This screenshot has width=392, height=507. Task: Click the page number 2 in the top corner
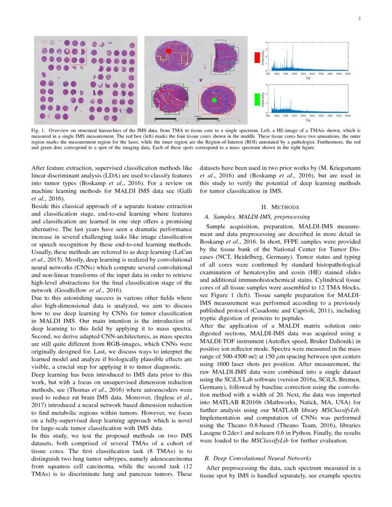pyautogui.click(x=358, y=19)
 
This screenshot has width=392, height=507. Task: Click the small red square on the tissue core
pyautogui.click(x=169, y=51)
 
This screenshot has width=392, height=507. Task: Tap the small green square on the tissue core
pyautogui.click(x=214, y=100)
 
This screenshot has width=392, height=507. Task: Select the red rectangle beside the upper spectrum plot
pyautogui.click(x=257, y=57)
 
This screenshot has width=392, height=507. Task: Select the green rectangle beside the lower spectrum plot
pyautogui.click(x=257, y=99)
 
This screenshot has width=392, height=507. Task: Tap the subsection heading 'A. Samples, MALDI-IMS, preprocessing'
pyautogui.click(x=257, y=217)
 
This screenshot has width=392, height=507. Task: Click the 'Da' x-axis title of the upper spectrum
pyautogui.click(x=308, y=78)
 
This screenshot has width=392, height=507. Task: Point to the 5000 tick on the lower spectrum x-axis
pyautogui.click(x=347, y=116)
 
